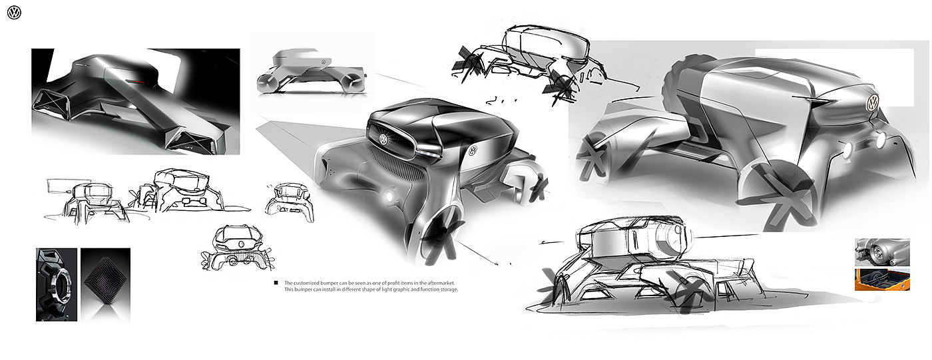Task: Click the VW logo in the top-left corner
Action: coord(14,13)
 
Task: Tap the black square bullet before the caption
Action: coord(276,283)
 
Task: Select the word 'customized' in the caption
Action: coord(308,283)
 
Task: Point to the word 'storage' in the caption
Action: coord(447,289)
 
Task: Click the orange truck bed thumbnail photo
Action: coord(882,279)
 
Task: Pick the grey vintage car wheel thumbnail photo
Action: coord(882,252)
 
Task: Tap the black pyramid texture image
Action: coord(105,282)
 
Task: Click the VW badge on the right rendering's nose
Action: coord(871,102)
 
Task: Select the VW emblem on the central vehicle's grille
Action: coord(383,139)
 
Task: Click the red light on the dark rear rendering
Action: coord(138,81)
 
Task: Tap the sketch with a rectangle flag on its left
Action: coord(85,197)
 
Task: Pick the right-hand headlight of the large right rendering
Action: coord(881,140)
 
